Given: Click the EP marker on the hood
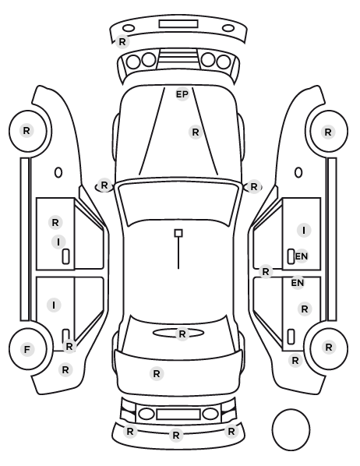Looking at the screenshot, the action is pos(182,94).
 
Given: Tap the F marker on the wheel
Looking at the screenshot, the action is pos(26,349).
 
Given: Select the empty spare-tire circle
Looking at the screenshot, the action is pos(291,429).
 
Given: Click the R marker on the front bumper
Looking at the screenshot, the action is pos(122,41).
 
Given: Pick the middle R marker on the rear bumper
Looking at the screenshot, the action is pos(176,436).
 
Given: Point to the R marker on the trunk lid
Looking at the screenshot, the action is pos(157,373).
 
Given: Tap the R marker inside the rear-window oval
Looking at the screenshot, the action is pos(182,334).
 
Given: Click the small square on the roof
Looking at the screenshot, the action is pos(178,233).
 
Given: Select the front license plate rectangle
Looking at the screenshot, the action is pos(178,24).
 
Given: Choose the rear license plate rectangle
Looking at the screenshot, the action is pos(178,414).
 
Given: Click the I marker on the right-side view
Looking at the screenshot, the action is pos(304,231).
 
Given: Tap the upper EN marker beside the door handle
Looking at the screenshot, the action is pos(302,256).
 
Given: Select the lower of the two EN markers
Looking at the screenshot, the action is pos(298,283).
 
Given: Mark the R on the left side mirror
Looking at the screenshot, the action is pos(104,185).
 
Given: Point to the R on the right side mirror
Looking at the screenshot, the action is pos(254,187).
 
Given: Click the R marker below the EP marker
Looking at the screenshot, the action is pos(196,132).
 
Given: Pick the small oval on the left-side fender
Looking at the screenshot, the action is pos(58,172).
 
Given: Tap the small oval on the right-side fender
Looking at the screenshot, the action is pos(298,172).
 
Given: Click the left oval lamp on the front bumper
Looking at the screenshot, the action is pos(129,29).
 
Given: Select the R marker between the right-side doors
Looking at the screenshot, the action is pos(266,272).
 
